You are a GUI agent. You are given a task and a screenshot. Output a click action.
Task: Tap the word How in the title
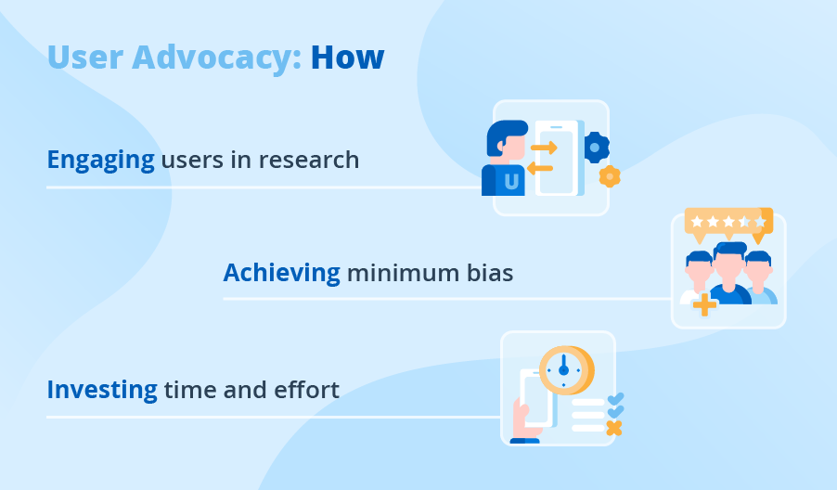coord(347,57)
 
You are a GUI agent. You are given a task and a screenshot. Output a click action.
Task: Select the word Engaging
coord(100,161)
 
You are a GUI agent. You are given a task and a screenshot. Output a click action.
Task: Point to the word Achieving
coord(281,273)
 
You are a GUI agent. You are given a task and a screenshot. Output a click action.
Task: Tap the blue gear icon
coord(595,147)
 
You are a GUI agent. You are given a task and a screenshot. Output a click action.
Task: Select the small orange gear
coord(609,175)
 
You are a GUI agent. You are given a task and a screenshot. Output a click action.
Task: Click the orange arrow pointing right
coord(543,148)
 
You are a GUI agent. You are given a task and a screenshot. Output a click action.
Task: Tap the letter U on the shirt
coord(511,182)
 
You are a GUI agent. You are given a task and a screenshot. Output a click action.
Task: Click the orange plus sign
coord(704,304)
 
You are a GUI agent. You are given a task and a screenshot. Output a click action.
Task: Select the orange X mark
coord(612,428)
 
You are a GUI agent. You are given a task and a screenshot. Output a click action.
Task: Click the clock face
coord(562,369)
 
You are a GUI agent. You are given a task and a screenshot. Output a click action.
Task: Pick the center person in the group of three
coord(730,274)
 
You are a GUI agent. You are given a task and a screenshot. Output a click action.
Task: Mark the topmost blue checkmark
coord(614,398)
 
